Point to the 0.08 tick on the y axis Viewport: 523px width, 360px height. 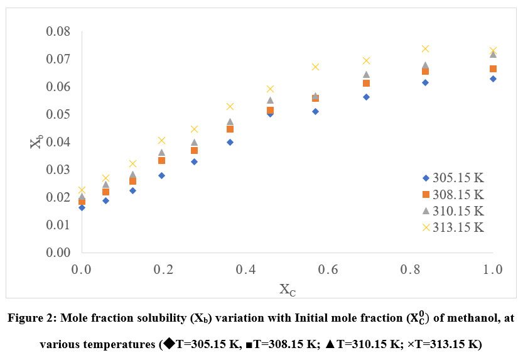tap(58, 31)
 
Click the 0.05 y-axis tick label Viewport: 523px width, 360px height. tap(58, 114)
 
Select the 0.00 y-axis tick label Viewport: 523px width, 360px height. tap(58, 253)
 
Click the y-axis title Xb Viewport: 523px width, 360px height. tap(36, 142)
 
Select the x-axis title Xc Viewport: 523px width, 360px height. tap(287, 290)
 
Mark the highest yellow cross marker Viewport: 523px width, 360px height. tap(425, 48)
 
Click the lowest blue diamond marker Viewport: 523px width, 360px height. tap(82, 207)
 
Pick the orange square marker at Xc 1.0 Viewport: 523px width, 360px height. tap(493, 68)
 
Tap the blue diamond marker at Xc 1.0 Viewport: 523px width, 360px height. tap(493, 79)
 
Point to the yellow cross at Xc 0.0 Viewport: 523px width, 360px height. tap(82, 189)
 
